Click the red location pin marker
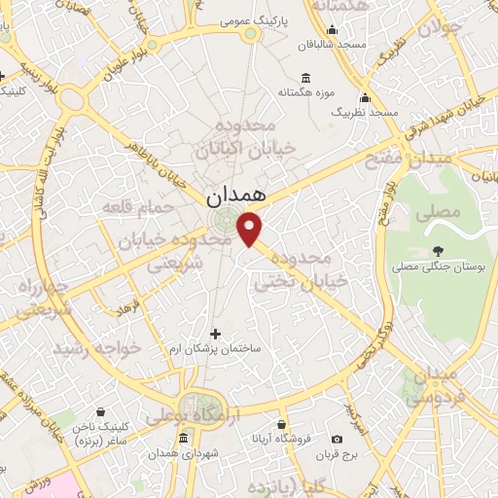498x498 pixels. coord(251,228)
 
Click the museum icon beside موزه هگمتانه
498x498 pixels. coord(306,78)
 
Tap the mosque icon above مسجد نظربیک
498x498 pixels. coord(366,97)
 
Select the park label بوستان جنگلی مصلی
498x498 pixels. coord(432,265)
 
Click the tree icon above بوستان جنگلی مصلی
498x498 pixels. coord(438,250)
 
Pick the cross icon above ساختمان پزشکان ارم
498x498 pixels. coord(216,334)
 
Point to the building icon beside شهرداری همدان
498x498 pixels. coord(184,440)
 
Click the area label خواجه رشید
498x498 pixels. coord(98,347)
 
